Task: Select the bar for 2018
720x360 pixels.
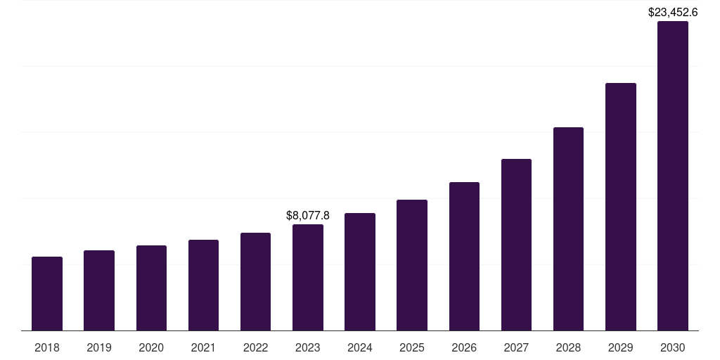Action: [47, 294]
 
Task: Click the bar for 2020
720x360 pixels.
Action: [151, 288]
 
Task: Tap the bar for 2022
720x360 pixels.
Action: [255, 282]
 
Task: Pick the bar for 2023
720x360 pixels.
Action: [308, 278]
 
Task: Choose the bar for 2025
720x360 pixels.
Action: [412, 265]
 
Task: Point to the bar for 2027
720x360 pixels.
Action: [516, 245]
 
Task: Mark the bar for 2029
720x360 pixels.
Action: [620, 207]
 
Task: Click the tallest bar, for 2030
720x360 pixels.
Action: [673, 176]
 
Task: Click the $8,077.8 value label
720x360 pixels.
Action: [308, 215]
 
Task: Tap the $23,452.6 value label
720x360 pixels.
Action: [673, 12]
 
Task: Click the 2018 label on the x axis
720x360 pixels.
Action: [47, 347]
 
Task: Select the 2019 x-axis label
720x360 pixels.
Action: [99, 347]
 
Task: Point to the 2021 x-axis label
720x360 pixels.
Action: [203, 347]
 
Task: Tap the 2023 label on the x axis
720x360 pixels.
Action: [308, 347]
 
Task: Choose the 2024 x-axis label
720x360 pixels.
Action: [360, 347]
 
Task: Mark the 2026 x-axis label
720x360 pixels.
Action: [464, 347]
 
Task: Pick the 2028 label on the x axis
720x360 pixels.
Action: [568, 347]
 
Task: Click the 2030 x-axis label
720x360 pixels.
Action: [673, 347]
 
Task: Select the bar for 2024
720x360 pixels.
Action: [360, 272]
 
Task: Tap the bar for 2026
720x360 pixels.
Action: [464, 257]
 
